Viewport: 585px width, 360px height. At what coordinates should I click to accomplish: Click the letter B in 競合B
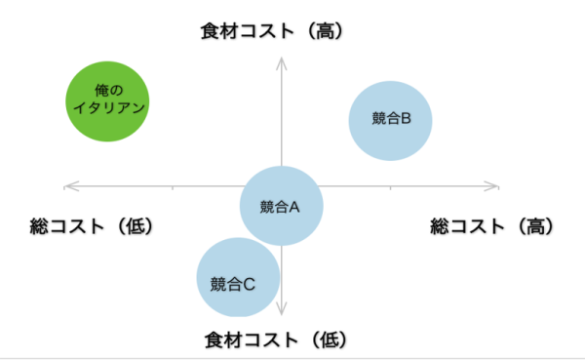coord(406,119)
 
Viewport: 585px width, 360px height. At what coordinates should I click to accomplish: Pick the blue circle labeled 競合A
coord(281,206)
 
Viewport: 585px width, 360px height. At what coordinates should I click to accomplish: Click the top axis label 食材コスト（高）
coord(273,31)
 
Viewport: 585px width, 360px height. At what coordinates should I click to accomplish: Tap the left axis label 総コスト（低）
coord(93,226)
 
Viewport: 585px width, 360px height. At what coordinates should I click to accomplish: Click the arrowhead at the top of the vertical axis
coord(281,61)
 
